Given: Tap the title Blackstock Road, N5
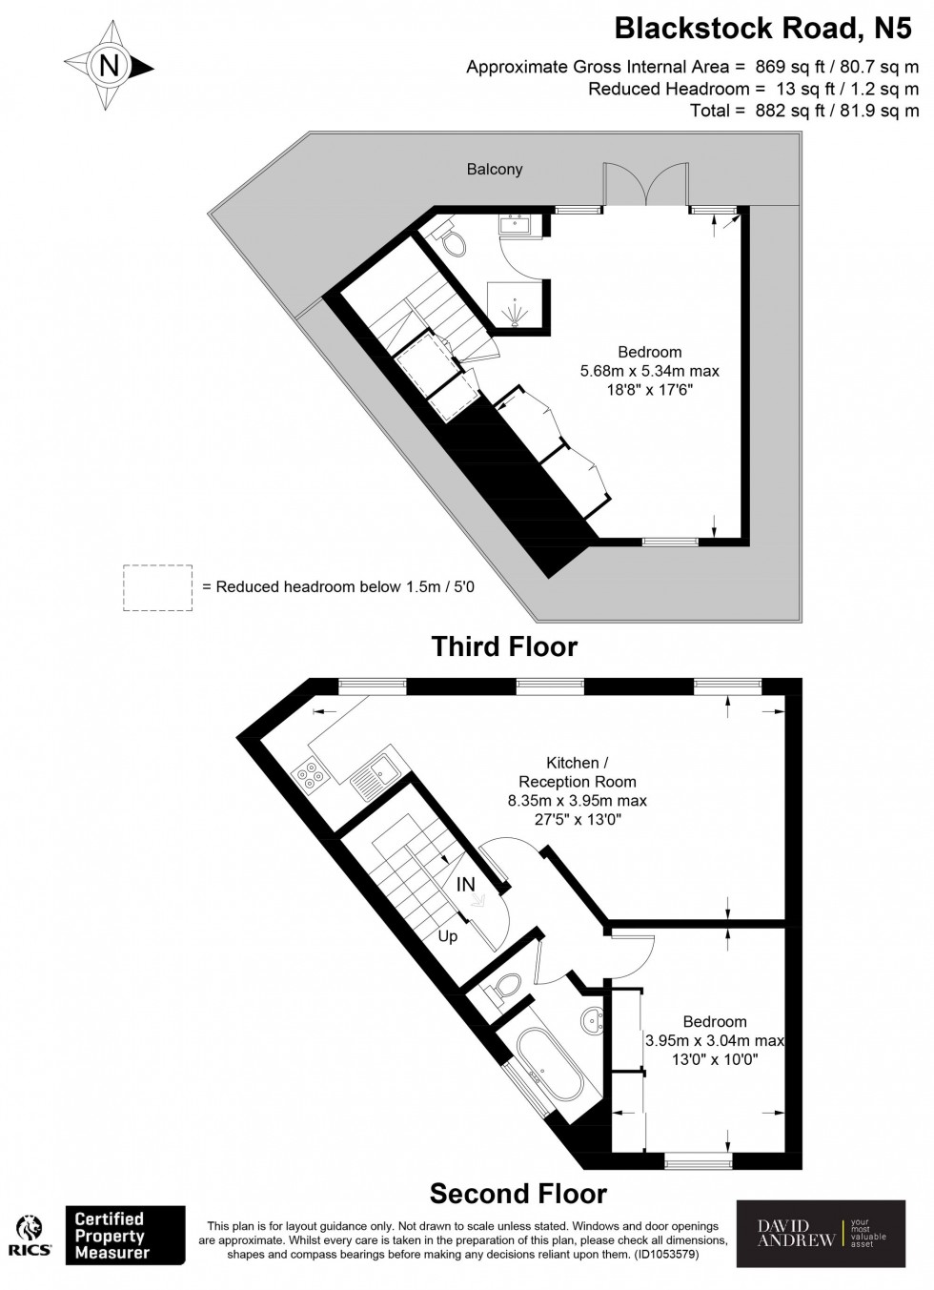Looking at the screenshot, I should tap(761, 29).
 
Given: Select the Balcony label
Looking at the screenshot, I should tap(494, 169).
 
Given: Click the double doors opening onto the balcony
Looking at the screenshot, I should tap(645, 185).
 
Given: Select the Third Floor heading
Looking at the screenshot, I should tap(504, 646).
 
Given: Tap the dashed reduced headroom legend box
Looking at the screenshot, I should tap(157, 587).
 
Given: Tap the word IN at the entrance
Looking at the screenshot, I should tap(465, 885).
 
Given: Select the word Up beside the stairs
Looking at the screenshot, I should tap(447, 936).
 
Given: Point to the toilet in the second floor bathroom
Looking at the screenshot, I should tap(506, 988).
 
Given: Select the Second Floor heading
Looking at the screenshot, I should tap(518, 1193).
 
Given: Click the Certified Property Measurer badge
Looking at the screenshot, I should tap(124, 1236).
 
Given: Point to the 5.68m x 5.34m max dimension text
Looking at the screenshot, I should tap(649, 371).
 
